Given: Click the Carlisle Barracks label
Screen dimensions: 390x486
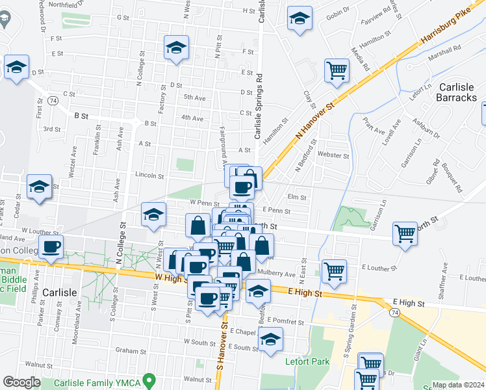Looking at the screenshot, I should [x=457, y=92].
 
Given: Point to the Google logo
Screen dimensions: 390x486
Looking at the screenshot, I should [x=21, y=382].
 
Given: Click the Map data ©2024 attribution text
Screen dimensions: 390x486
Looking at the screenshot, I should [x=459, y=385].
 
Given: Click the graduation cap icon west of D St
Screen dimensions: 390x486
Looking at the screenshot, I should [x=16, y=67].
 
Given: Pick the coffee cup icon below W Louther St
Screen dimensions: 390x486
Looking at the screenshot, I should [x=51, y=246].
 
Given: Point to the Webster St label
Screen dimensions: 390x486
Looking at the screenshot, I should [x=333, y=155].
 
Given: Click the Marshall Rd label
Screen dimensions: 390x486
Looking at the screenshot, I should [x=448, y=47].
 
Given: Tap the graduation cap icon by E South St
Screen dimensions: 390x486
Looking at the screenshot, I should [x=270, y=338].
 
